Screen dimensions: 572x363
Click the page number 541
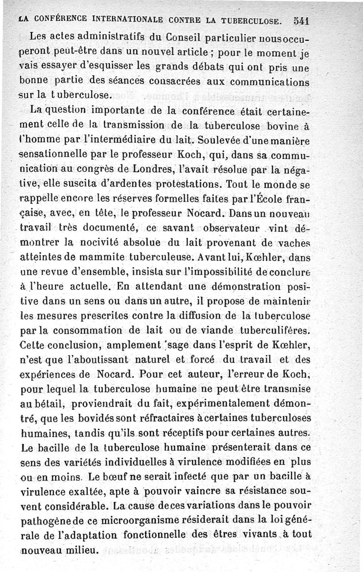301,20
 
